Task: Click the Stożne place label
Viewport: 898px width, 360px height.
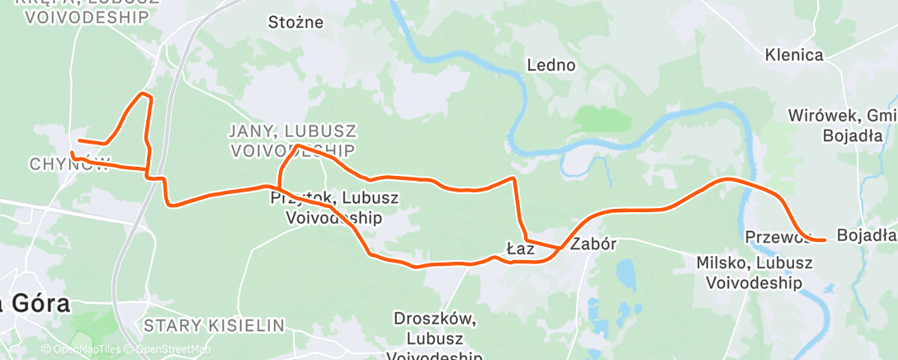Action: point(295,22)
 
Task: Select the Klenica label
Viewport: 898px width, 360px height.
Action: point(794,55)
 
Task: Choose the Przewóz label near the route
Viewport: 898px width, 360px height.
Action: point(776,237)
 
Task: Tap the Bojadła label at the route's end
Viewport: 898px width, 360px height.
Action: point(866,235)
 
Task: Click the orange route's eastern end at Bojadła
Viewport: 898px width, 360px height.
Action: point(825,239)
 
